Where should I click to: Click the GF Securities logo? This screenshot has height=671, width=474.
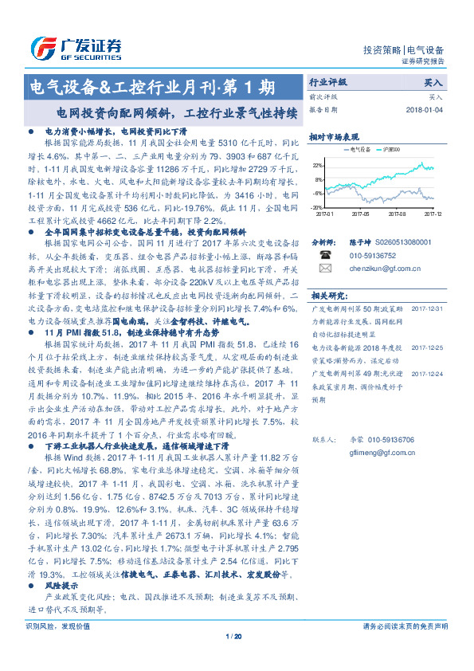pyautogui.click(x=76, y=47)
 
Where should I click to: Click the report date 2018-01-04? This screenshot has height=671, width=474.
pyautogui.click(x=425, y=110)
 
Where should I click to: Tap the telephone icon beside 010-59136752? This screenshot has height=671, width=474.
pyautogui.click(x=326, y=255)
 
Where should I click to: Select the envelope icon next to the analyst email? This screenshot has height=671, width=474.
pyautogui.click(x=326, y=269)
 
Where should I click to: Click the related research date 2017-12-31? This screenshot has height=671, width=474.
pyautogui.click(x=430, y=308)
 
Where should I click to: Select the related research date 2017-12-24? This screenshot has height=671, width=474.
pyautogui.click(x=430, y=371)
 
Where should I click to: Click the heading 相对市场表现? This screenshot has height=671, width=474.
pyautogui.click(x=334, y=136)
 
